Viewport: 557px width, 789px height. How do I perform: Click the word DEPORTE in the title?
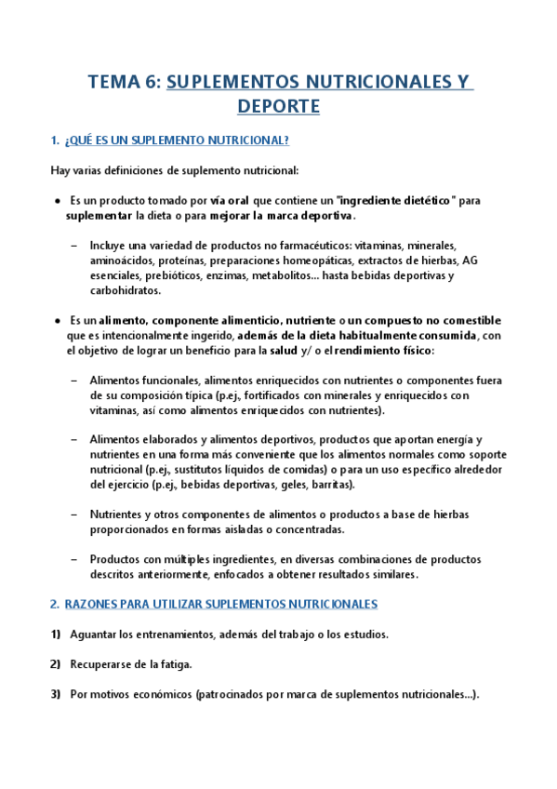[278, 107]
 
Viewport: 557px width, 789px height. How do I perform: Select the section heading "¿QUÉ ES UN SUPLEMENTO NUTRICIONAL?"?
[177, 140]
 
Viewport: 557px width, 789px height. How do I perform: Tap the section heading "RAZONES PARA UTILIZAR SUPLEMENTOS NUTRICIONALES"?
[220, 604]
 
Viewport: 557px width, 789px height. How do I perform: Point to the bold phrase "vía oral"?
[231, 200]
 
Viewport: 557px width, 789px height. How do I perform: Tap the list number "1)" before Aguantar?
[56, 635]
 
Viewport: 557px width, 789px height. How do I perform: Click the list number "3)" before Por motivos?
[56, 694]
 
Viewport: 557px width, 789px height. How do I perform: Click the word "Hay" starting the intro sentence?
[60, 170]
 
